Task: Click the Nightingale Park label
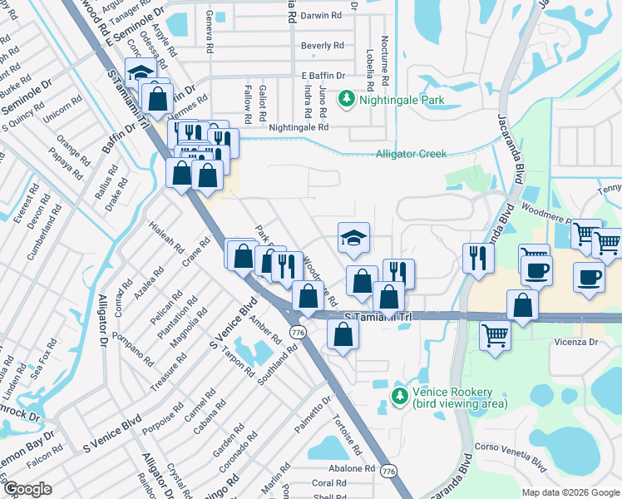point(402,101)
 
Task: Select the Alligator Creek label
point(411,154)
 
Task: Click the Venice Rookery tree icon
point(400,393)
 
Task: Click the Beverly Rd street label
point(323,46)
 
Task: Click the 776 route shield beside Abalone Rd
point(388,472)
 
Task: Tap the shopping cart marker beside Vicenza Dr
point(495,337)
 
